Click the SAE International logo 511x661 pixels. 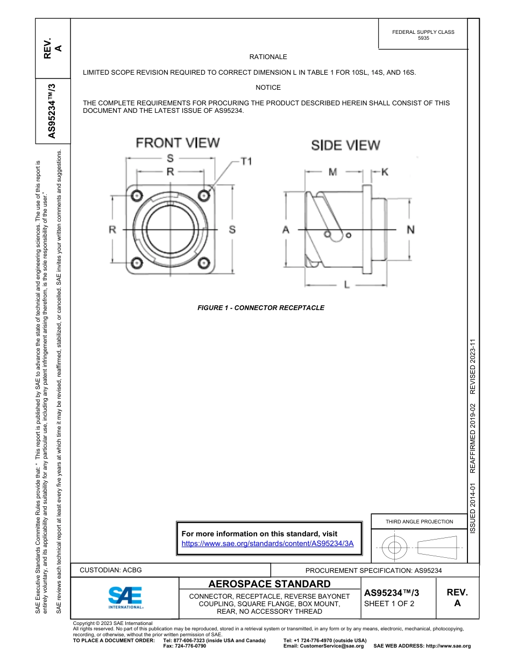click(125, 597)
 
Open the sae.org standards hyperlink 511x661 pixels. click(267, 543)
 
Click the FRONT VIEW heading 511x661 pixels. click(178, 142)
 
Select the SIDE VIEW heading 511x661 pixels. click(345, 145)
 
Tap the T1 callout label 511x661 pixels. click(245, 161)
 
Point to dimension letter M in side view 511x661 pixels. click(333, 172)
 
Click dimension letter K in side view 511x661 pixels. click(385, 172)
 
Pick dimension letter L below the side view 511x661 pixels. click(346, 284)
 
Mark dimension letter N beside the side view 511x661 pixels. click(410, 229)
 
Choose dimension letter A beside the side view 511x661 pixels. click(286, 229)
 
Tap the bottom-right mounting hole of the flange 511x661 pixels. click(204, 263)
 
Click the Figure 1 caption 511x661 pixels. click(261, 308)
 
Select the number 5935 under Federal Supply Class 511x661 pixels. click(423, 39)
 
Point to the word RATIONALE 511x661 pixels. click(268, 57)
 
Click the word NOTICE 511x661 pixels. click(268, 88)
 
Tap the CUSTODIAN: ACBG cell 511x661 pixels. click(111, 570)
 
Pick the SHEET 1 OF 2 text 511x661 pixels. click(389, 603)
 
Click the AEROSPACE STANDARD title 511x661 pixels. click(269, 584)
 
